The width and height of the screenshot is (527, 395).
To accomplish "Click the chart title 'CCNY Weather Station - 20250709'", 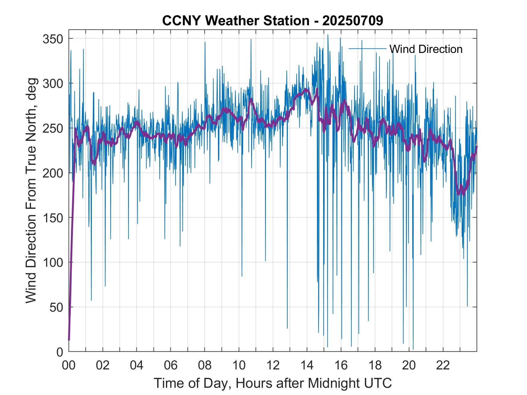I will (x=273, y=21).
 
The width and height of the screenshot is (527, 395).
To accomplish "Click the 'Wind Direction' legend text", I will (x=426, y=49).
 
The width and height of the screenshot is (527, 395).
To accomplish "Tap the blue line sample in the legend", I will (x=367, y=48).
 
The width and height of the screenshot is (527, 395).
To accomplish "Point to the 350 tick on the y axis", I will (x=52, y=39).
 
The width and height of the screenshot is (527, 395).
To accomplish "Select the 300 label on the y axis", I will (x=52, y=83).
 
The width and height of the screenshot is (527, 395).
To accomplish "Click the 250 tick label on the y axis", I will (x=52, y=128).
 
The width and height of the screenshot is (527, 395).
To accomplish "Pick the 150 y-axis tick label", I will (x=52, y=218).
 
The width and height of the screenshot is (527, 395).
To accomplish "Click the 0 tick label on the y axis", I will (x=60, y=352).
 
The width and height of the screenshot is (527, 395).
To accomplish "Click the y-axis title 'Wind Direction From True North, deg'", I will (x=31, y=191).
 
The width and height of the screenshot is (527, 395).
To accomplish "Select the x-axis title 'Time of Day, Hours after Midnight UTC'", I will (x=273, y=383).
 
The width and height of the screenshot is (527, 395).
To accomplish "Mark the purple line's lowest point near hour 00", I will (x=69, y=340).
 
